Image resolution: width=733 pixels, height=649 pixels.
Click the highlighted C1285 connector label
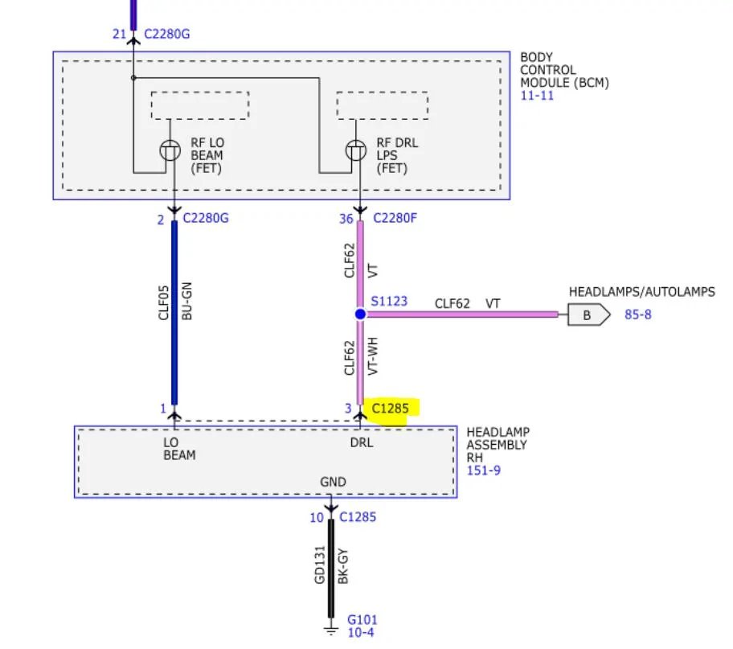391,409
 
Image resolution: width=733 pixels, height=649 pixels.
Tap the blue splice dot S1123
360,314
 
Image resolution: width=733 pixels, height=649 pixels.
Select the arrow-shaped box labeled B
588,314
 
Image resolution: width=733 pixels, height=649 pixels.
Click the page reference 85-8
638,314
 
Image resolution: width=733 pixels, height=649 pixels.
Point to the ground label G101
362,620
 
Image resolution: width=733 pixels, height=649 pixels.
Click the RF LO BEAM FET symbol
170,150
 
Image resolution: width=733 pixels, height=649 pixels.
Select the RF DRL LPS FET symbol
355,150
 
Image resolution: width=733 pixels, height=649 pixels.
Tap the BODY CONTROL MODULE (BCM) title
564,70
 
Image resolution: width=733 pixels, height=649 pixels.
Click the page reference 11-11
537,96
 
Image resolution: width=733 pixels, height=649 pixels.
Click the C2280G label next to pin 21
167,35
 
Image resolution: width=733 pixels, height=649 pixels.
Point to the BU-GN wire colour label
187,302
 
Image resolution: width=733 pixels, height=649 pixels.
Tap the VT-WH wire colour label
372,358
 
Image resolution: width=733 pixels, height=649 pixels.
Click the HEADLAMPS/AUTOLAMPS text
641,292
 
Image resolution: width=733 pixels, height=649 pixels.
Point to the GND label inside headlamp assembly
333,483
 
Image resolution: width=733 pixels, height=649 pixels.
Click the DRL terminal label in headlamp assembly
361,442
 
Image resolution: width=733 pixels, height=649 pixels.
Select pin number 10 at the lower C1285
317,518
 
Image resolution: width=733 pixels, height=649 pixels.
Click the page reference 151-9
484,470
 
